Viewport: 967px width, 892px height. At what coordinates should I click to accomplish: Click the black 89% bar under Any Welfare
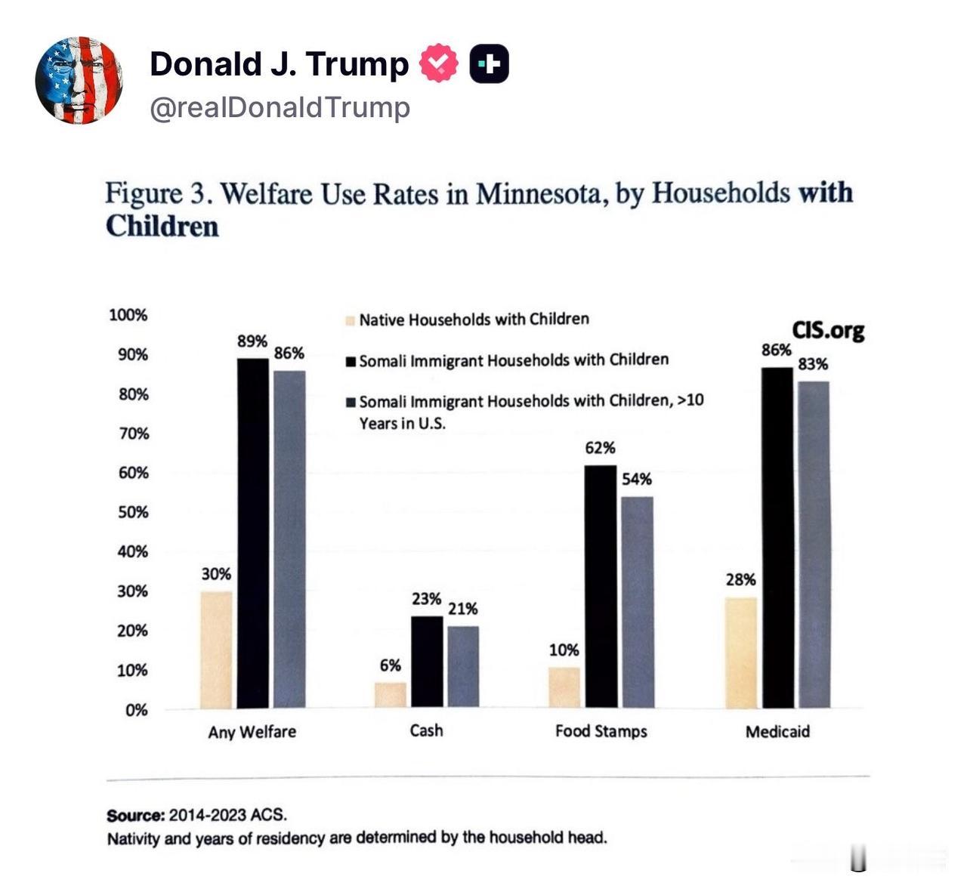pos(253,532)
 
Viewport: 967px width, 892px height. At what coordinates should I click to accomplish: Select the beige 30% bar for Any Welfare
pos(216,650)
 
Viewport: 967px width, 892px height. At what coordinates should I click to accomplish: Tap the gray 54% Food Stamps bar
pos(637,601)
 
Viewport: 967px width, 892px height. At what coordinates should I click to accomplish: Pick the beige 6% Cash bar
pos(391,695)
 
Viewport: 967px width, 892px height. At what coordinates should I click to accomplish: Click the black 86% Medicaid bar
pos(777,537)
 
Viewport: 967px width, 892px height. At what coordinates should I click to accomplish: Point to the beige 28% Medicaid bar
pos(740,653)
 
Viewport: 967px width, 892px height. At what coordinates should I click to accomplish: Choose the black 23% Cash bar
pos(427,662)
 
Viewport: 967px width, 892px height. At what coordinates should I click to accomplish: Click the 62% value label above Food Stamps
pos(600,448)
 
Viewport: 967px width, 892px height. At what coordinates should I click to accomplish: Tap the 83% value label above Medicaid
pos(813,364)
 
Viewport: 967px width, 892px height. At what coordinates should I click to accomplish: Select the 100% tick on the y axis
pos(128,315)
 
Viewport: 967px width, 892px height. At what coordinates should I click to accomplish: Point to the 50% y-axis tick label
pos(133,512)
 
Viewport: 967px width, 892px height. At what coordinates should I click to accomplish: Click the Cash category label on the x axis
pos(426,730)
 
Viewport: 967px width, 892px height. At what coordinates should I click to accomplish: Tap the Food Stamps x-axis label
pos(601,731)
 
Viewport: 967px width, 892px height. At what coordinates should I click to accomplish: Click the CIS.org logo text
pos(828,330)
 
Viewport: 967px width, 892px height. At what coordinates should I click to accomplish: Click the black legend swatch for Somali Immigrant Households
pos(351,361)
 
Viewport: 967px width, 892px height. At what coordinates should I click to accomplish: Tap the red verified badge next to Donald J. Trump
pos(438,63)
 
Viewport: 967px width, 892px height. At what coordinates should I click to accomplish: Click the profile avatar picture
pos(79,79)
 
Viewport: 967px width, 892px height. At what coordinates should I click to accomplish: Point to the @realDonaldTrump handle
pos(280,107)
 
